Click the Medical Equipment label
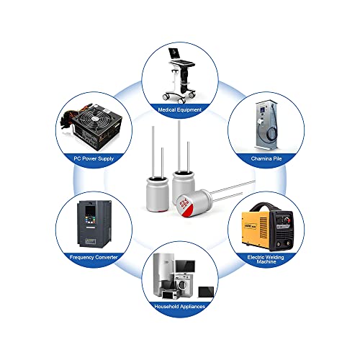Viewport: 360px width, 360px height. (180, 110)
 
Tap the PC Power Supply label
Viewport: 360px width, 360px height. (94, 158)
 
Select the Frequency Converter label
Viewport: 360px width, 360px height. (94, 257)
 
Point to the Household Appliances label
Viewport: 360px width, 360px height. (180, 307)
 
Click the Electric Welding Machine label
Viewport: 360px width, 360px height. (266, 259)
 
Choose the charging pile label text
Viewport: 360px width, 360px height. (266, 158)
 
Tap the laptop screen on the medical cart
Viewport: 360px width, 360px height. (174, 53)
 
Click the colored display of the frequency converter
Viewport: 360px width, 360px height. (90, 210)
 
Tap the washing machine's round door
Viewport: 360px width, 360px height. (181, 284)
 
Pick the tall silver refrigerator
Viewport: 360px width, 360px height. (163, 274)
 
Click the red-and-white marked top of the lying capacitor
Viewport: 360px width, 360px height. (185, 206)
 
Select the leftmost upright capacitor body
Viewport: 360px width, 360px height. (157, 194)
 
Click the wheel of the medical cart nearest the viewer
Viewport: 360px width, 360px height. (181, 100)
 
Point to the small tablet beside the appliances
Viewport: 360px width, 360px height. (206, 292)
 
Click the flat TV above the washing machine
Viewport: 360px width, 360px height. (185, 266)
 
